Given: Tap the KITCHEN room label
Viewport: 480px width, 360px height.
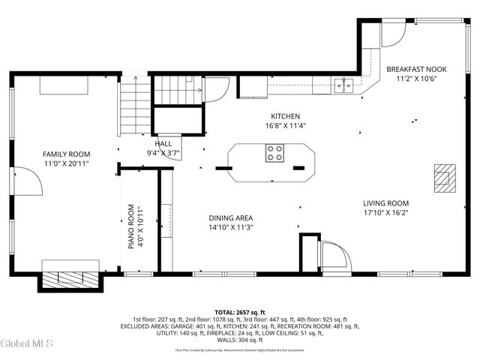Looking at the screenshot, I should pyautogui.click(x=285, y=116).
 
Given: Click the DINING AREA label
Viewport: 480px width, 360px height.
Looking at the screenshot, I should pyautogui.click(x=231, y=218).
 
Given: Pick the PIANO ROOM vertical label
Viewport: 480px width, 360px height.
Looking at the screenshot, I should pyautogui.click(x=130, y=226).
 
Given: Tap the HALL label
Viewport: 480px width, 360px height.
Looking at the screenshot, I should pyautogui.click(x=163, y=143).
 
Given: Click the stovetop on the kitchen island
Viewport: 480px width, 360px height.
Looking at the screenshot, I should pyautogui.click(x=274, y=153).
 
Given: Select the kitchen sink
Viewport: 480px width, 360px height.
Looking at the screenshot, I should pyautogui.click(x=345, y=85).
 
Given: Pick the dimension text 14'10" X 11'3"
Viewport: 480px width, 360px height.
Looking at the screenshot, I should pyautogui.click(x=231, y=227).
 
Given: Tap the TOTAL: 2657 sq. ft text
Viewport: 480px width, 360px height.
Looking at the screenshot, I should pyautogui.click(x=239, y=312).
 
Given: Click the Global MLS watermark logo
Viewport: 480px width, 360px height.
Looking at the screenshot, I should pyautogui.click(x=27, y=343).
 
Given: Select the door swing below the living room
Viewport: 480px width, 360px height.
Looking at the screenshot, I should pyautogui.click(x=334, y=256).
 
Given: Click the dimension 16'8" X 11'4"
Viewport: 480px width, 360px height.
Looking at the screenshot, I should pyautogui.click(x=285, y=126).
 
